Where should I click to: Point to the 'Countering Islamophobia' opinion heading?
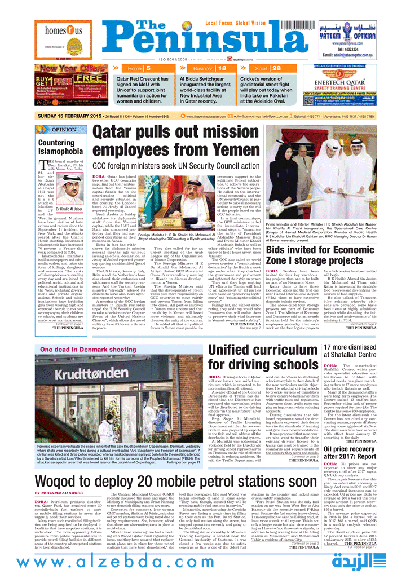pyautogui.click(x=60, y=147)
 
